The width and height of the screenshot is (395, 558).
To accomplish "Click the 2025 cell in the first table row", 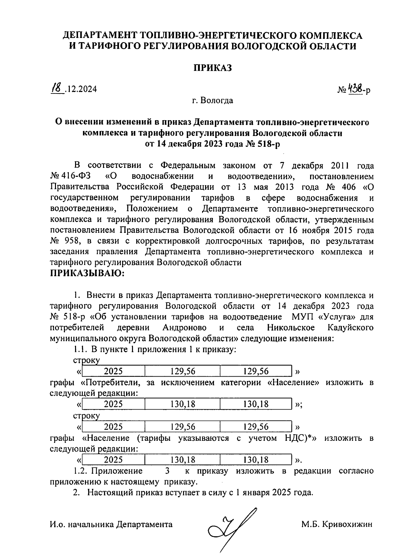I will pyautogui.click(x=113, y=371).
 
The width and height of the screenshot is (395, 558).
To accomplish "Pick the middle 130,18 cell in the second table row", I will pyautogui.click(x=183, y=404).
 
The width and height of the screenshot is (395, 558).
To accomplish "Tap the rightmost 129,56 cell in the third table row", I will pyautogui.click(x=256, y=427).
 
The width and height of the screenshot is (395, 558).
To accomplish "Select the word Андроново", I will pyautogui.click(x=184, y=328).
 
